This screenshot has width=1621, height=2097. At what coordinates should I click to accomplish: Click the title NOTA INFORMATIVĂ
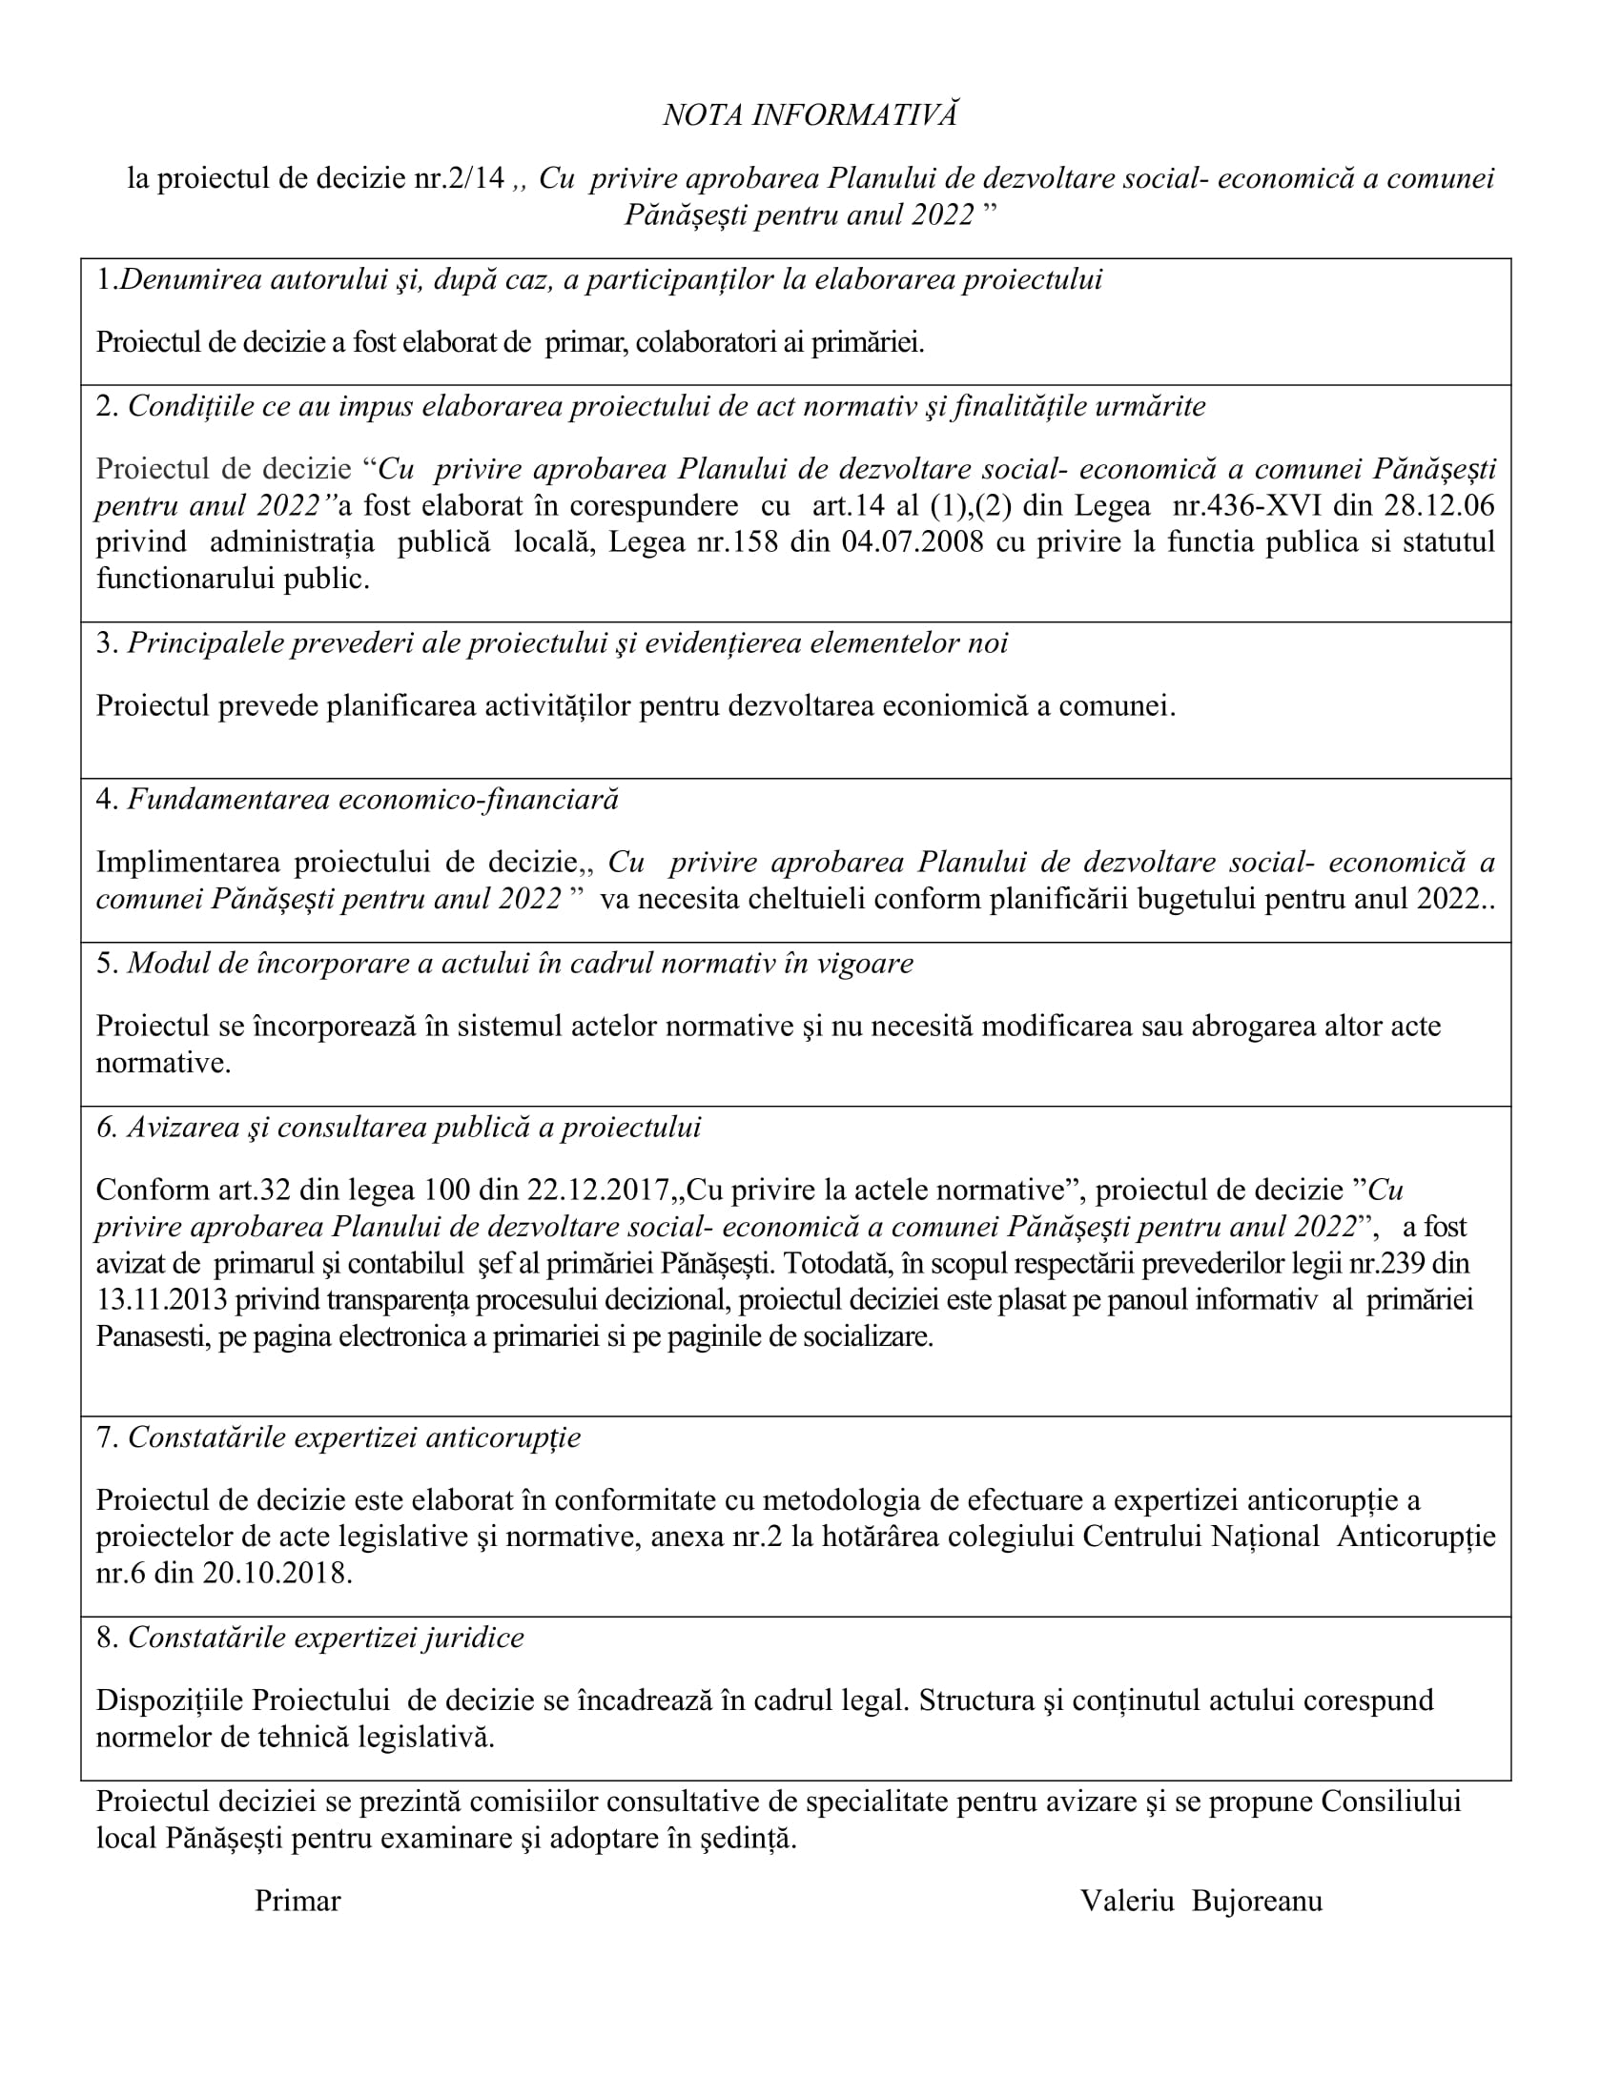[810, 115]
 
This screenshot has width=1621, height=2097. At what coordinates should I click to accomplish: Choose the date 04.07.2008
[913, 542]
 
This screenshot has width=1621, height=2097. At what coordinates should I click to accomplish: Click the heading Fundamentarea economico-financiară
[373, 799]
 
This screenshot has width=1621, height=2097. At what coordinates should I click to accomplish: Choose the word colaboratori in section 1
[705, 343]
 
